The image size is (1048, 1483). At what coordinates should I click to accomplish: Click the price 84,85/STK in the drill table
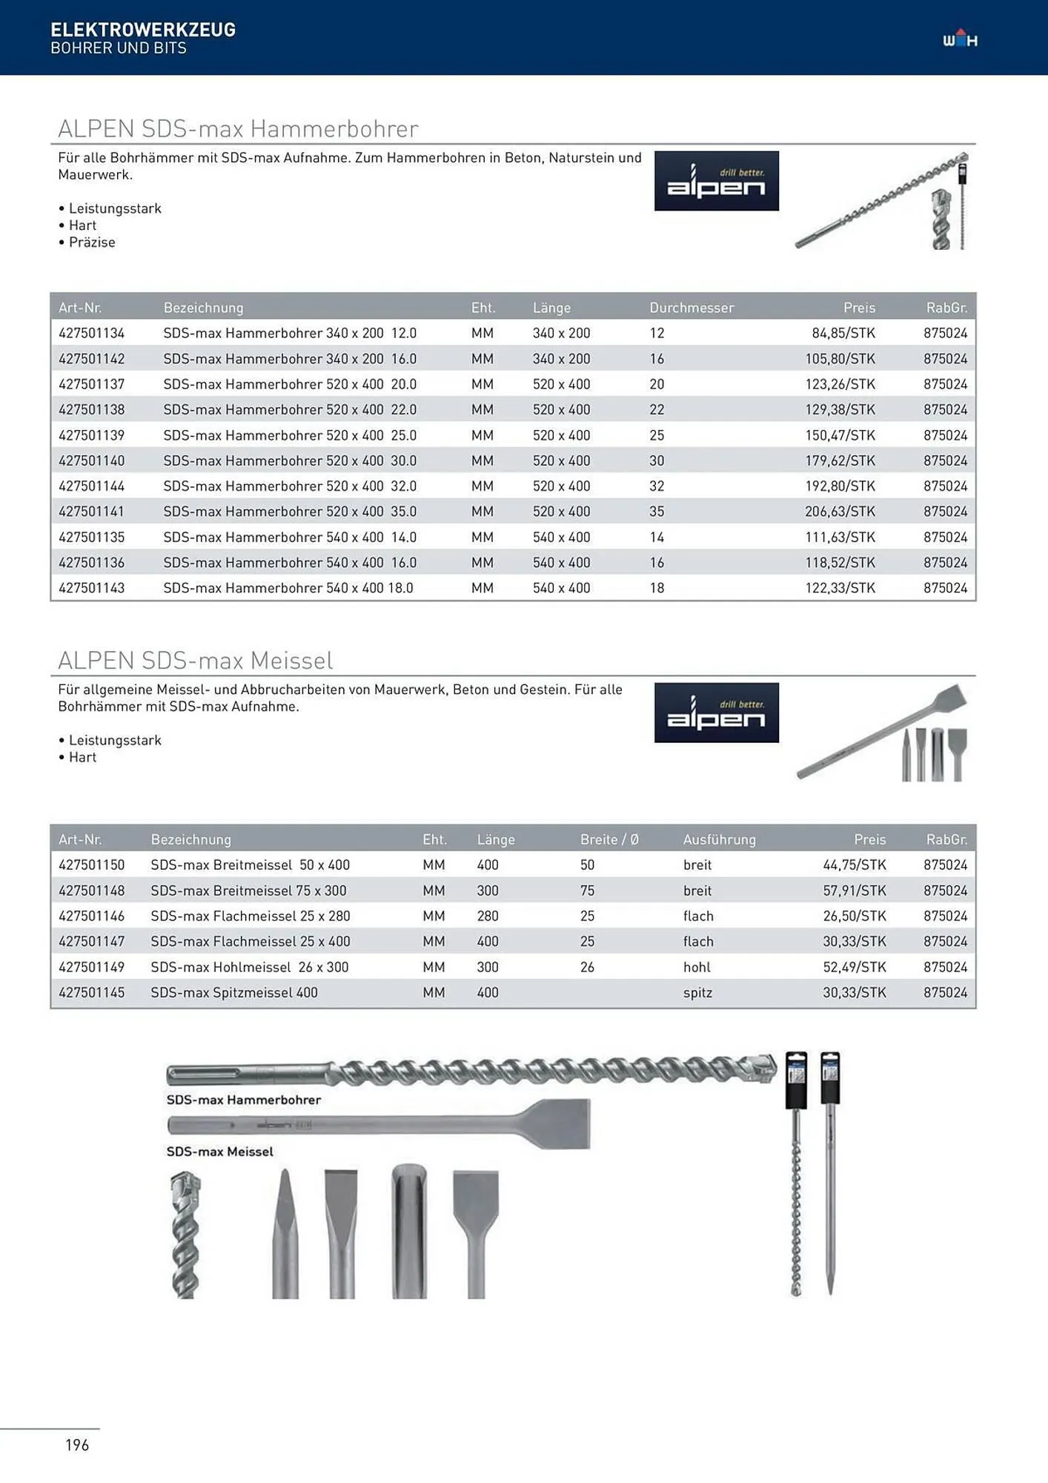843,333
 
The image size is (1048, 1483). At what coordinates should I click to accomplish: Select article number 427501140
91,460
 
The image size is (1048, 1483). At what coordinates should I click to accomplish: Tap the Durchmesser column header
691,308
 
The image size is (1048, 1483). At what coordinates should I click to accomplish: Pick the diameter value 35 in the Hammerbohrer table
657,512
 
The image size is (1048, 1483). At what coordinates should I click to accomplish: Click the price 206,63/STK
840,512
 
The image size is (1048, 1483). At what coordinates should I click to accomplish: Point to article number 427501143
91,588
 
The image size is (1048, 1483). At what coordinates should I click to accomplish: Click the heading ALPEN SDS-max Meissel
195,660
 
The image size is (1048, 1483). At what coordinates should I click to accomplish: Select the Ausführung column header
719,839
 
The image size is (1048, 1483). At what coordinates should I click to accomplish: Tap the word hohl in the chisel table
697,967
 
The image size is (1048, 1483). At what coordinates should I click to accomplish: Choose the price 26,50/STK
854,916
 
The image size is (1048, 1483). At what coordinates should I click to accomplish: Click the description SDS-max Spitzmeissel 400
233,992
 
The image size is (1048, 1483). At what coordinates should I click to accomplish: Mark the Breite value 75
587,891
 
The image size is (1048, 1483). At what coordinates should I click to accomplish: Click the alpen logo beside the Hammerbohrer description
716,181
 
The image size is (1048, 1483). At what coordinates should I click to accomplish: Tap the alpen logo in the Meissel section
716,713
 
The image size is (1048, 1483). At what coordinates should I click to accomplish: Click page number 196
77,1444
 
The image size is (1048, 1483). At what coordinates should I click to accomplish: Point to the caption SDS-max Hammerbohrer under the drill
243,1100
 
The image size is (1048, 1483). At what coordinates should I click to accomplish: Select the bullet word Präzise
92,242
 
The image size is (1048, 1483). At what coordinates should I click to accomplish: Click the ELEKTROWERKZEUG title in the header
143,30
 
